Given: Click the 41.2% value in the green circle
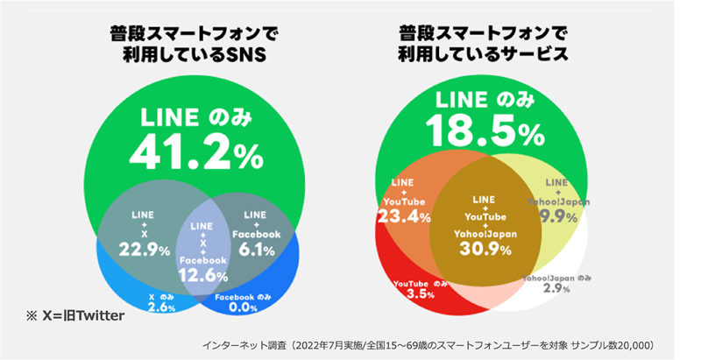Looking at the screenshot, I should [x=195, y=152].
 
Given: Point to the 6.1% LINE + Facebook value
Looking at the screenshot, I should [x=257, y=251].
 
